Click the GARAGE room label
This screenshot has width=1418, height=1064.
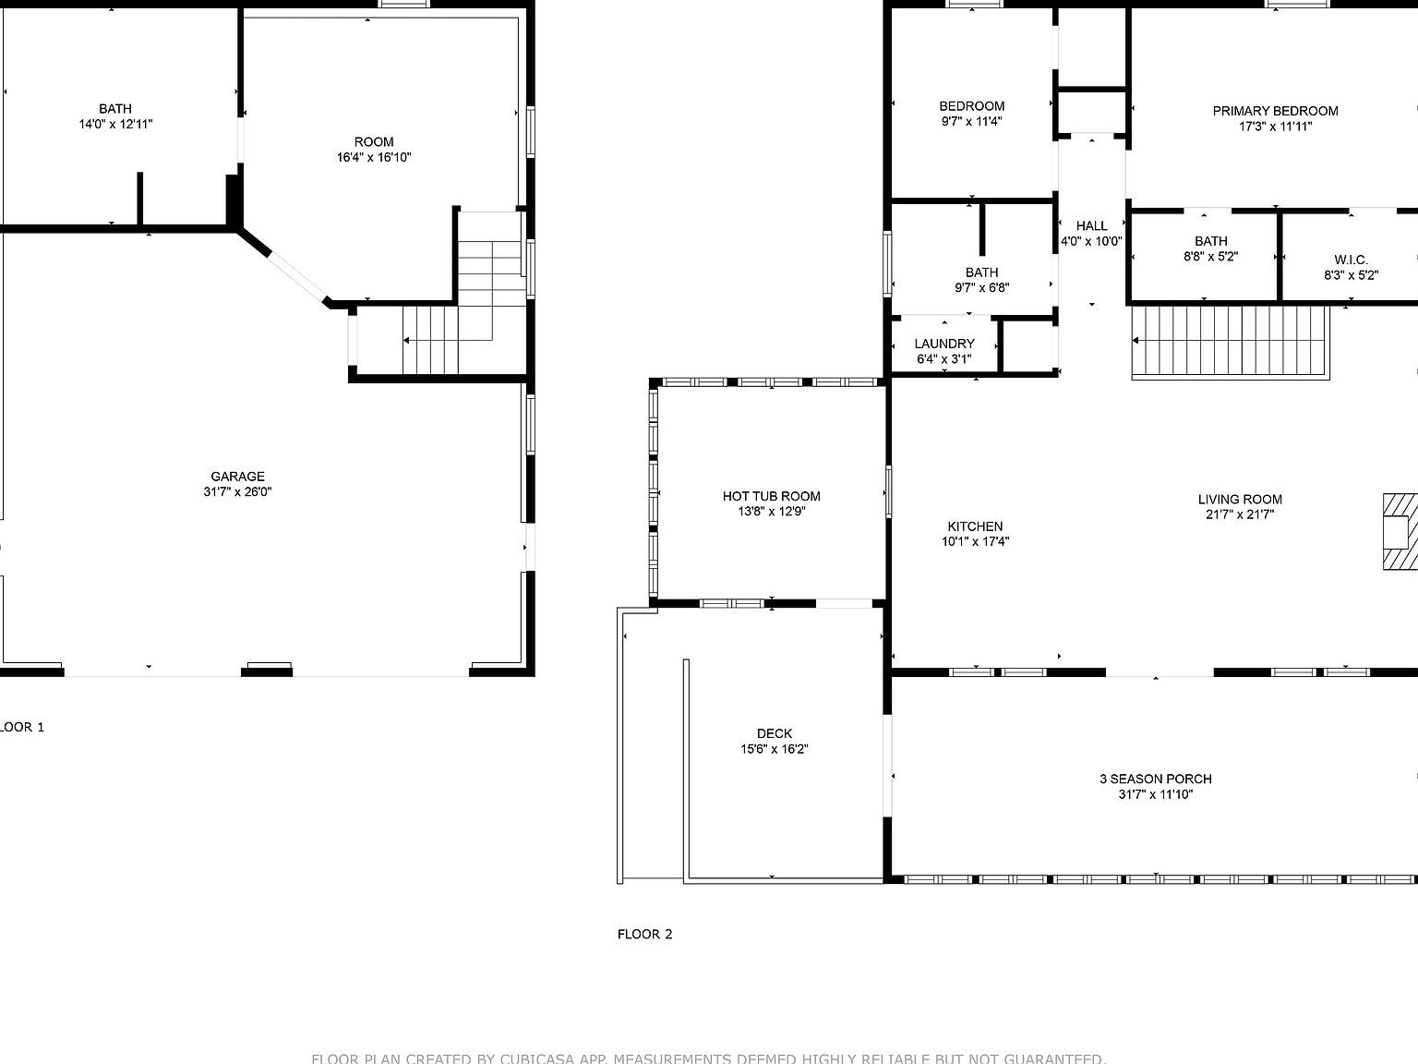237,477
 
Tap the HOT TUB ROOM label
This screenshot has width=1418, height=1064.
771,496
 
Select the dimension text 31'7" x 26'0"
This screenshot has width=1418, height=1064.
237,492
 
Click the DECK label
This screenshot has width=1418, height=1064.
774,733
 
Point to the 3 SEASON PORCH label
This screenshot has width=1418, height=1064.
1155,779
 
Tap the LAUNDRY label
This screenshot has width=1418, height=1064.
943,344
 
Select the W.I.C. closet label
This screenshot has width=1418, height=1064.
1351,260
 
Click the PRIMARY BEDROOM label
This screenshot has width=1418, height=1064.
1275,111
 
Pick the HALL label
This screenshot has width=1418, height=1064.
1091,225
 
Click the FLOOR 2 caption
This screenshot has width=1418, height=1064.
644,934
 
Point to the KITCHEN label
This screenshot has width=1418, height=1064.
975,526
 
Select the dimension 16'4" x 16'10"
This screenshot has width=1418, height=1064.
374,157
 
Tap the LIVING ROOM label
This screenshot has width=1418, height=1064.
1240,500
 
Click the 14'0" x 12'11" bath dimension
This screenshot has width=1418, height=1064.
115,124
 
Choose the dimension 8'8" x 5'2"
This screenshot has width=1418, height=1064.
1210,257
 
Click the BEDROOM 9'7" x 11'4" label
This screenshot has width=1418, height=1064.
971,106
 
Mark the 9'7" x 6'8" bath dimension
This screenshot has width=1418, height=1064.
981,287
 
